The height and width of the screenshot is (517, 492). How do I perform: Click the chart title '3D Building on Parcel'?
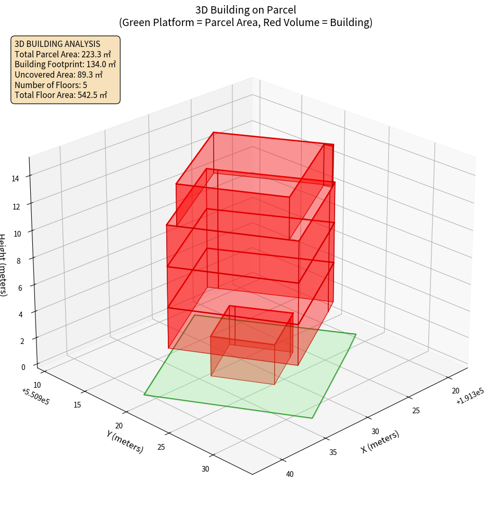tap(245, 9)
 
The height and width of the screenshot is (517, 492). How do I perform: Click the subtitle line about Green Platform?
tap(245, 22)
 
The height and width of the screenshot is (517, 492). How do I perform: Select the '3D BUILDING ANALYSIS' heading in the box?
tap(57, 44)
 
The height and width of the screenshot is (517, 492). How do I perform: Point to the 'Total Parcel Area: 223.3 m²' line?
tap(63, 54)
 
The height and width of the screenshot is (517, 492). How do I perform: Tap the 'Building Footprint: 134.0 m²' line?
tap(65, 64)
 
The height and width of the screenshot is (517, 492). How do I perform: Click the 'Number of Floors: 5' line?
tap(51, 85)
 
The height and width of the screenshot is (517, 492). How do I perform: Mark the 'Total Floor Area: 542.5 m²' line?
tap(60, 95)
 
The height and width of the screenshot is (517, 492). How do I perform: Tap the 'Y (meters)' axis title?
tap(125, 441)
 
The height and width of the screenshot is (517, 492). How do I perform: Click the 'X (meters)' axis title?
tap(380, 441)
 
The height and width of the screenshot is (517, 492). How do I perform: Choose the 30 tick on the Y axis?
tap(205, 469)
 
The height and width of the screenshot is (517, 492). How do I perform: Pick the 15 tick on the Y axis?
tap(78, 404)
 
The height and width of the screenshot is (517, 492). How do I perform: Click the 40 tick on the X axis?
tap(290, 474)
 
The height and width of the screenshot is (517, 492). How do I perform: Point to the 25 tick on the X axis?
tap(416, 411)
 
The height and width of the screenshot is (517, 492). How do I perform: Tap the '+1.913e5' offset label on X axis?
tap(470, 398)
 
